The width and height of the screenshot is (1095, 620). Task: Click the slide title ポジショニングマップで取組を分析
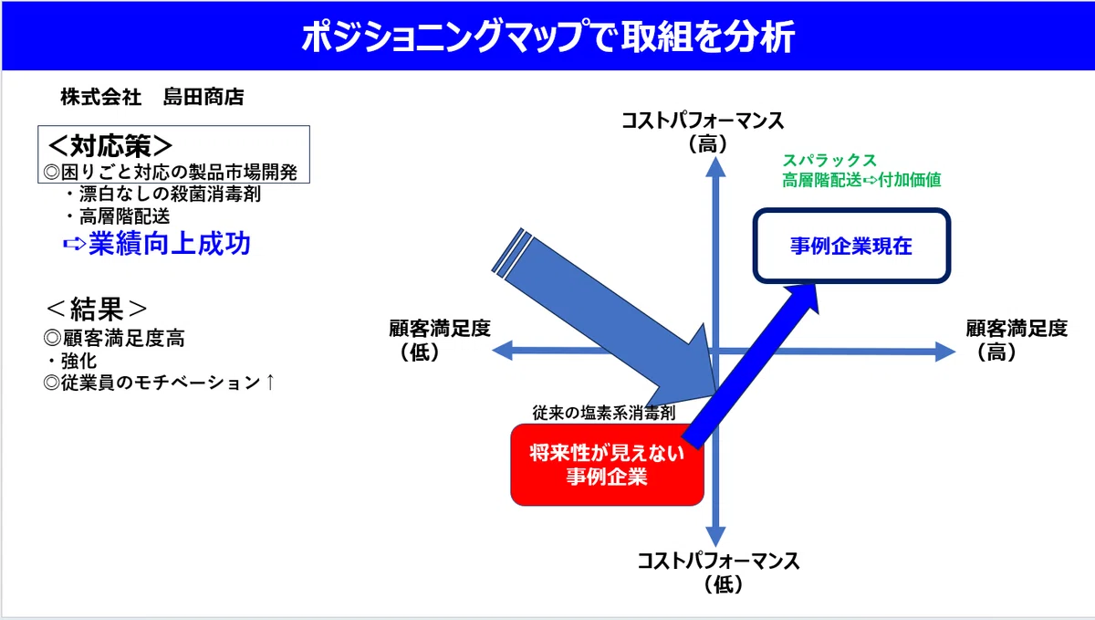click(548, 37)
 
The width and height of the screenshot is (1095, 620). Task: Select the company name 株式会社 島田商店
click(152, 97)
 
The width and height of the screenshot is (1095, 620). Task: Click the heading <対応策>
click(110, 145)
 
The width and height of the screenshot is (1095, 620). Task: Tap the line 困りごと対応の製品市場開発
click(170, 173)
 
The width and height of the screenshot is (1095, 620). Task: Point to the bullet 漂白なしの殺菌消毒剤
click(163, 194)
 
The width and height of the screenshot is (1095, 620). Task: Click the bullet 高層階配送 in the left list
click(119, 216)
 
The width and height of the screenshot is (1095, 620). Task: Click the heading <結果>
click(97, 309)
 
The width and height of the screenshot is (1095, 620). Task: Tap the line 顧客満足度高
click(114, 338)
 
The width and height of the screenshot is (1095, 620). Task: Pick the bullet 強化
click(72, 362)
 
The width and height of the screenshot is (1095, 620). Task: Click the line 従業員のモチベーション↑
click(160, 383)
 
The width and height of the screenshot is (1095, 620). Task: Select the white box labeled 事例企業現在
click(851, 246)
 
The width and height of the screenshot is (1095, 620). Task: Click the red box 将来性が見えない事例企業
click(607, 465)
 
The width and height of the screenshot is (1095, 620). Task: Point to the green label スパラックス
click(829, 160)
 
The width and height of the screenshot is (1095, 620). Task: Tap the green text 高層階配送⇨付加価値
click(861, 180)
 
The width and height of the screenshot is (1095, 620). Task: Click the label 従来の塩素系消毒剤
click(604, 413)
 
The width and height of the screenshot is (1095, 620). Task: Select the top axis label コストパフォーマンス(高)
click(703, 132)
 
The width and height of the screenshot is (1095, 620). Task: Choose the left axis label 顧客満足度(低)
click(440, 340)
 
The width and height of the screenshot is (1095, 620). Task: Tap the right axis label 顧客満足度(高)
click(1017, 340)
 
